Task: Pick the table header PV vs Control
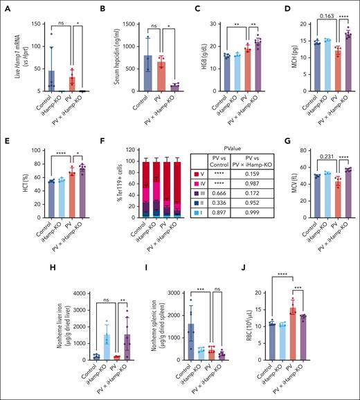pos(239,167)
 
